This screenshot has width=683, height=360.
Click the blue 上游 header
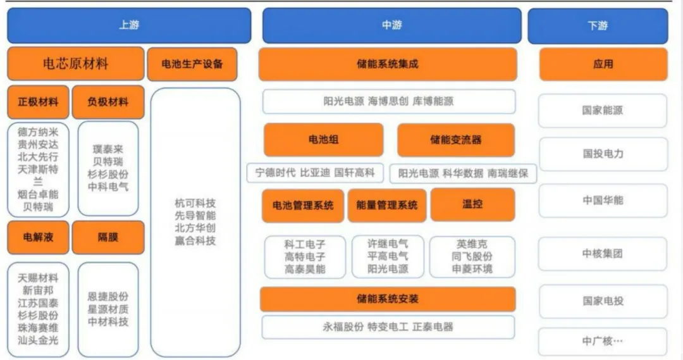coord(129,26)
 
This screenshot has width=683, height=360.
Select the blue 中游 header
coord(391,26)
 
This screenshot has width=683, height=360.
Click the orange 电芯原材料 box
coord(76,64)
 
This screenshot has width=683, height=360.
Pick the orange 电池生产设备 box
coord(192,64)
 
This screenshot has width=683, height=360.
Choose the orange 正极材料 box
coord(38,102)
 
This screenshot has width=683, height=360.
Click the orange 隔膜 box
coord(108,237)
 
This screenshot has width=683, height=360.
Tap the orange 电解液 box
coord(38,237)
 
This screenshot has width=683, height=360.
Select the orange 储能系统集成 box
coord(388,64)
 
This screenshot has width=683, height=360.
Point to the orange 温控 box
coord(472,204)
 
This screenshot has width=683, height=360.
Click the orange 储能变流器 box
coord(455,139)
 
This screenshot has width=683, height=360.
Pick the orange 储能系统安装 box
coord(388,299)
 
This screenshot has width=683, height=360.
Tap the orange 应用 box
coord(603,64)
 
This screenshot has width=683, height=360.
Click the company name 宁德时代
coord(275,172)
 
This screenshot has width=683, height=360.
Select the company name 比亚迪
coord(314,172)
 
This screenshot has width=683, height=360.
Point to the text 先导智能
coord(195,215)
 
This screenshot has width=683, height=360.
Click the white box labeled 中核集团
coord(603,254)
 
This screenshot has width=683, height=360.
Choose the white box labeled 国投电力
coord(603,154)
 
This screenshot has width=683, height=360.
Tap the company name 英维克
coord(472,244)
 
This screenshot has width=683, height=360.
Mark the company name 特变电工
coord(388,327)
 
